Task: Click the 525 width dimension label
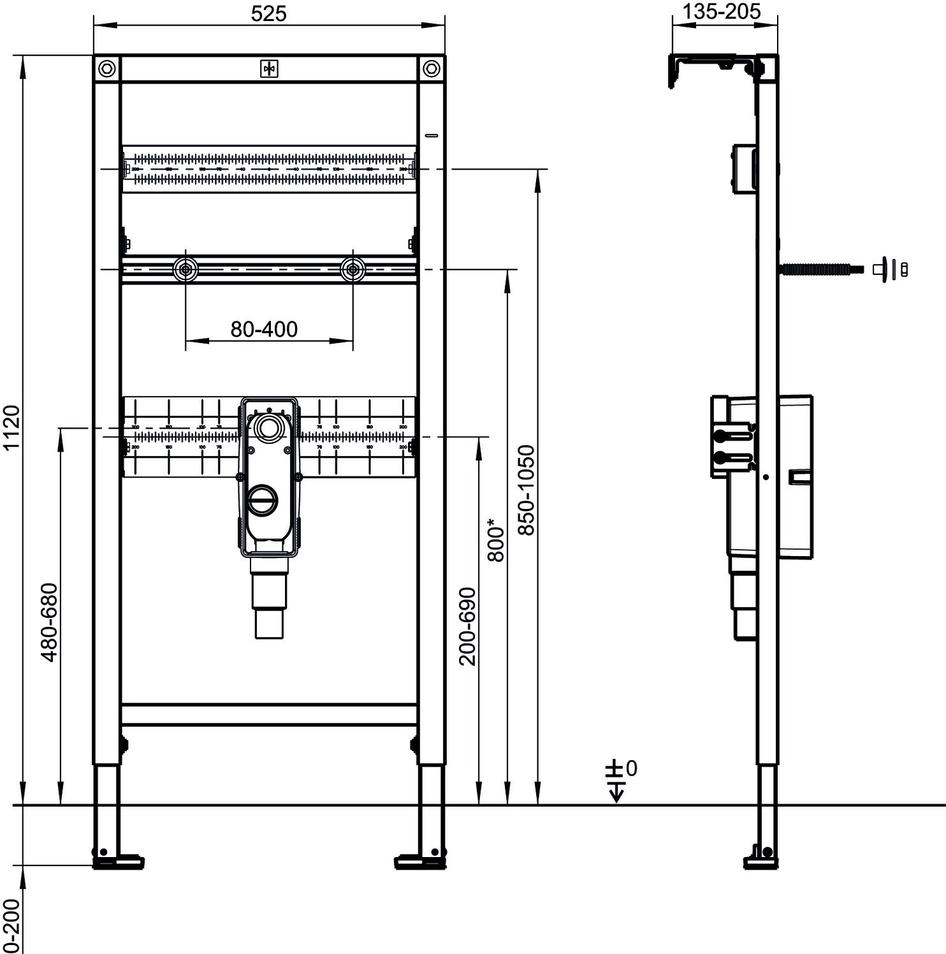(x=268, y=13)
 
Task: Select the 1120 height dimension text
(x=13, y=427)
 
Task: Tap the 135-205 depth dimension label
(x=722, y=11)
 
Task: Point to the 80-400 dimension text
(x=264, y=329)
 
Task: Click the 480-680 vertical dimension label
(x=49, y=622)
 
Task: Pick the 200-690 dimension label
(x=468, y=626)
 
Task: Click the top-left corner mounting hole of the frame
(x=107, y=68)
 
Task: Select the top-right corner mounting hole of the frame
(x=431, y=68)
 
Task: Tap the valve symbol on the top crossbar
(x=269, y=69)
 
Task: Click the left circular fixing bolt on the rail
(x=186, y=270)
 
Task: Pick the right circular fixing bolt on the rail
(x=353, y=270)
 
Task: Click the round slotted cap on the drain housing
(x=262, y=499)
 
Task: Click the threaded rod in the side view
(x=822, y=269)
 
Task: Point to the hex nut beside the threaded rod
(x=903, y=269)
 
